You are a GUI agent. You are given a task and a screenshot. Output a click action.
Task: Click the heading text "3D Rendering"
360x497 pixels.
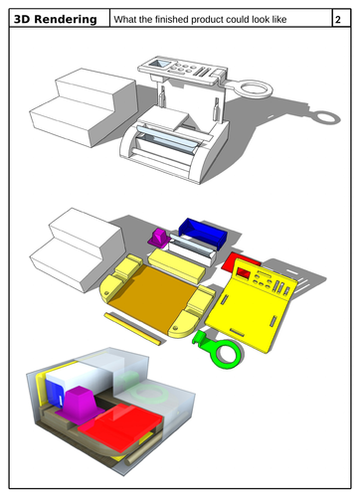tap(56, 19)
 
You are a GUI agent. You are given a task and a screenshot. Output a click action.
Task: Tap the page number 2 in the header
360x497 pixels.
tap(338, 20)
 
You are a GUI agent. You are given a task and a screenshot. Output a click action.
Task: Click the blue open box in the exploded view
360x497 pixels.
tap(203, 233)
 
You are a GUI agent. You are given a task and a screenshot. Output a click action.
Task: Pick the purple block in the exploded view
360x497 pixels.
tap(160, 238)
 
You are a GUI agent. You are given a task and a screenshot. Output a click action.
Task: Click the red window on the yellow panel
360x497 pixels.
tap(244, 273)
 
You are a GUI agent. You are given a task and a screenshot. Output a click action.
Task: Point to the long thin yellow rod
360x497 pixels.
tap(133, 329)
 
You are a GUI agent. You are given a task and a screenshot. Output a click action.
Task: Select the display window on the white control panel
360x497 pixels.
tap(159, 64)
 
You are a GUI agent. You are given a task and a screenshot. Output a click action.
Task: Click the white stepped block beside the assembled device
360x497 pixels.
tap(84, 106)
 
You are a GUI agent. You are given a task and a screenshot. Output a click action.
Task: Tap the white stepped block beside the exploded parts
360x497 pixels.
tap(78, 248)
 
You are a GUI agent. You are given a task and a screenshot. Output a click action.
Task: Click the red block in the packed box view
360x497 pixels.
tap(119, 425)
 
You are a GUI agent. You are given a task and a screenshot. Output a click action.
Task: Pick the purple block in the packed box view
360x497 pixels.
tap(81, 405)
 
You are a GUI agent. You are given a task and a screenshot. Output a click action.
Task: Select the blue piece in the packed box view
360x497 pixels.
tap(54, 392)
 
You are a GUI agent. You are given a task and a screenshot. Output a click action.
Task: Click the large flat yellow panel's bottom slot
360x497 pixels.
tap(236, 332)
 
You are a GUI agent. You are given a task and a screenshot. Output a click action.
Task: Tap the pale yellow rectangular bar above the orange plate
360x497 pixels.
tap(176, 266)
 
